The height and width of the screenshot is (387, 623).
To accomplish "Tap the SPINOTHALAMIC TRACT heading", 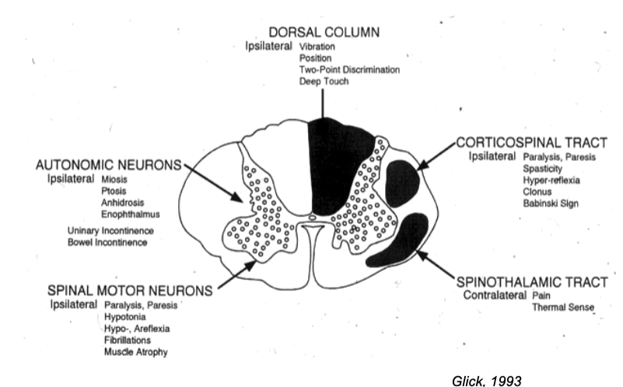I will [x=532, y=282].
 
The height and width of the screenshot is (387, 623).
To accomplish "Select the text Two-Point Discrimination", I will [x=349, y=70].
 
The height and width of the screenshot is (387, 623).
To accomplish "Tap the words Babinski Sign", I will [x=550, y=204].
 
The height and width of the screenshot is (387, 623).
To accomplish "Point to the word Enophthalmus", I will [x=126, y=214].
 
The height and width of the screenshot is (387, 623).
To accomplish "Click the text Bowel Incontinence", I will [x=107, y=242].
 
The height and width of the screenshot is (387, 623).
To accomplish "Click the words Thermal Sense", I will [x=563, y=308].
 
